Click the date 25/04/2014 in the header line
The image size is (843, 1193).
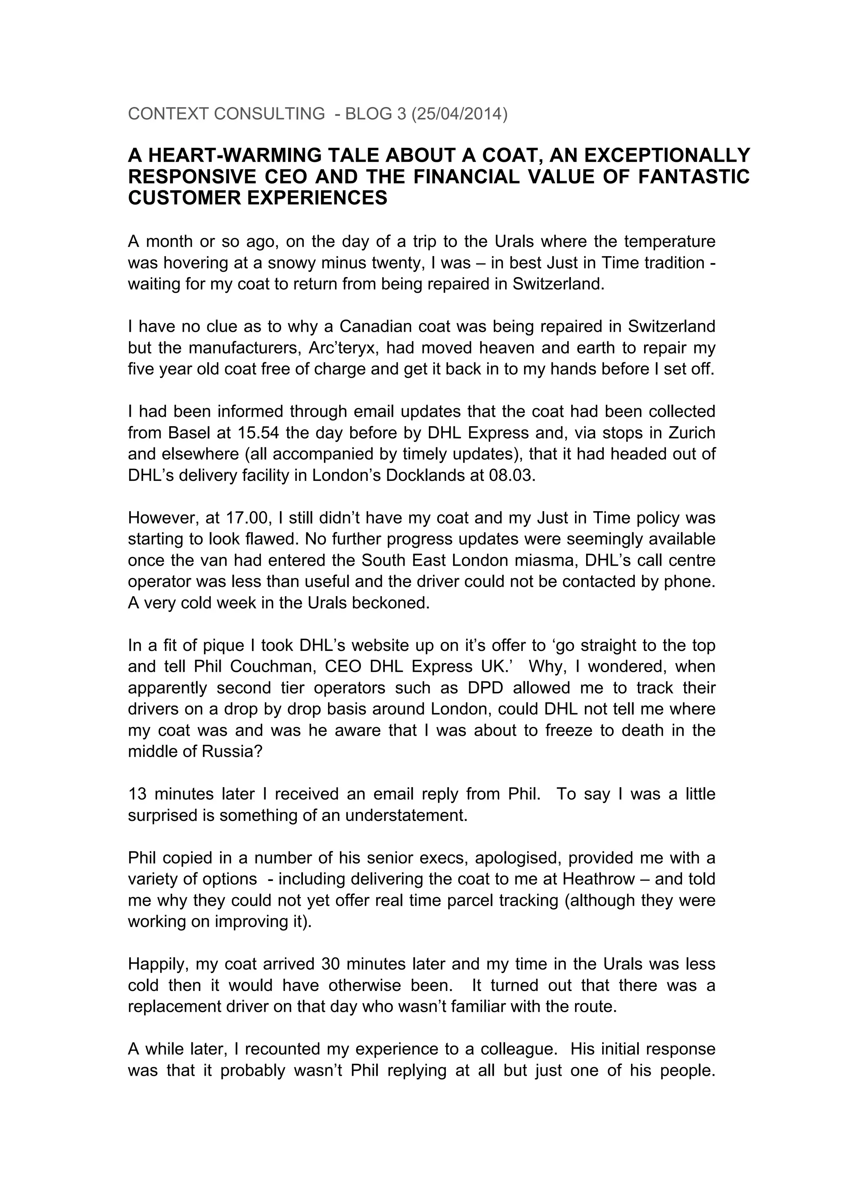pyautogui.click(x=459, y=114)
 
